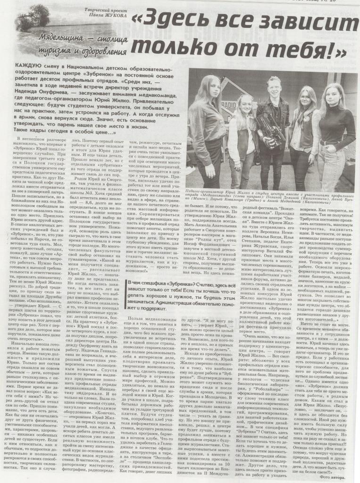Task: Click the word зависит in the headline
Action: point(304,22)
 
